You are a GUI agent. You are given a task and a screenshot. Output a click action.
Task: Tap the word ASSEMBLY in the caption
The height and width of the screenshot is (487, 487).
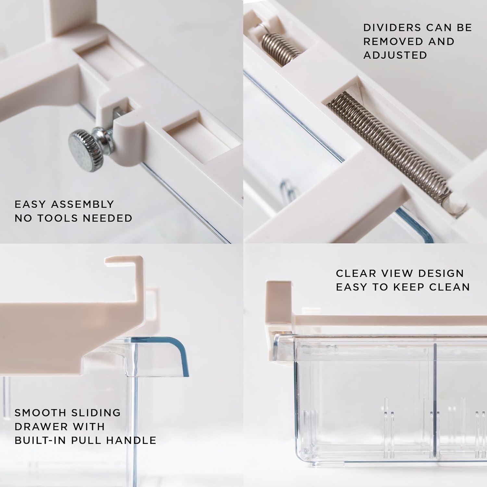click(x=82, y=204)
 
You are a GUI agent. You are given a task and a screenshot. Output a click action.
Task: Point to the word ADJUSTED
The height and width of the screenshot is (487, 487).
click(x=395, y=55)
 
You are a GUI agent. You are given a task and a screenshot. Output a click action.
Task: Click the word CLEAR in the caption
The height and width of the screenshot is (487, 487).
click(x=356, y=273)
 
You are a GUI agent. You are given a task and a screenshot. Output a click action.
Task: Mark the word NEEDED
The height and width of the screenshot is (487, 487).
click(x=107, y=218)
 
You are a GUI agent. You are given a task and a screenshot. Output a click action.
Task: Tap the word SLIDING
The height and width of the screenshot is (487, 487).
click(x=96, y=413)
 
